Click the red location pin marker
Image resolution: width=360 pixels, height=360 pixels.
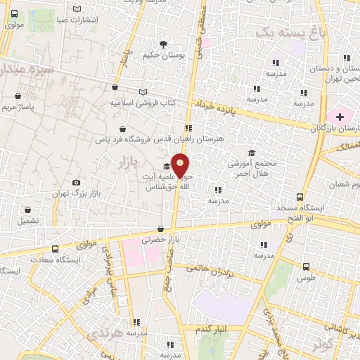(180, 165)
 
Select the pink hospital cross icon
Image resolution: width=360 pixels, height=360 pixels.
(340, 115)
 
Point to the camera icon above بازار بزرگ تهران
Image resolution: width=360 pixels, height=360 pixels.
(76, 182)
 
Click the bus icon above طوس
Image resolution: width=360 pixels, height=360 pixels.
(306, 266)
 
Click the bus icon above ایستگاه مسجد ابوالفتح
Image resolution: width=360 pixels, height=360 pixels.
(300, 198)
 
